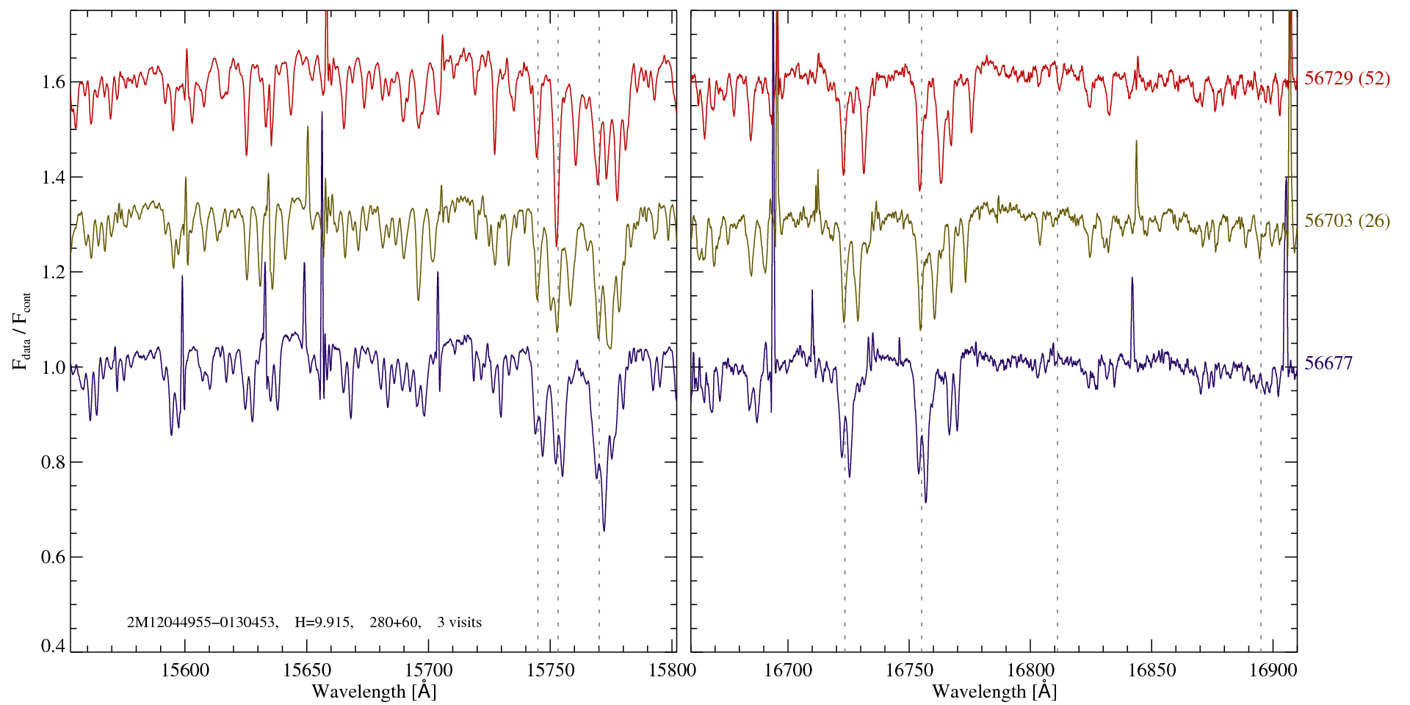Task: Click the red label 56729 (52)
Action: click(x=1347, y=79)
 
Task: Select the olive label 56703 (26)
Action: click(x=1347, y=221)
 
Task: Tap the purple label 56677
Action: click(x=1328, y=364)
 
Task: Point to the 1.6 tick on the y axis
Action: click(x=52, y=82)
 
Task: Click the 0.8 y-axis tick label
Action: click(x=52, y=462)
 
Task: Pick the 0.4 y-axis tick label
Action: click(x=52, y=646)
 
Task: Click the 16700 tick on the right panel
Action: click(x=788, y=670)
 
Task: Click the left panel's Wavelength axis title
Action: click(x=373, y=691)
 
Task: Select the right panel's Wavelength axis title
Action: click(x=994, y=691)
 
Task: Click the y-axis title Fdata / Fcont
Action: click(x=22, y=330)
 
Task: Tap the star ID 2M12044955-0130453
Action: click(x=202, y=623)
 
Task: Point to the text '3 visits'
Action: click(x=459, y=623)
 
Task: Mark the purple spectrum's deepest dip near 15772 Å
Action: click(x=604, y=529)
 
